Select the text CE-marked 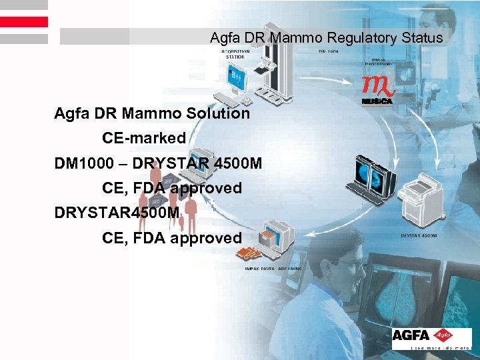pos(144,139)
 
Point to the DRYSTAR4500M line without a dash pos(117,213)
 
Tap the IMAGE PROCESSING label pos(377,62)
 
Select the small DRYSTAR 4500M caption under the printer pos(419,235)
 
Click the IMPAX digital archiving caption pos(273,268)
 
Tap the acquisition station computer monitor pos(237,83)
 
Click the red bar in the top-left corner pos(24,22)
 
